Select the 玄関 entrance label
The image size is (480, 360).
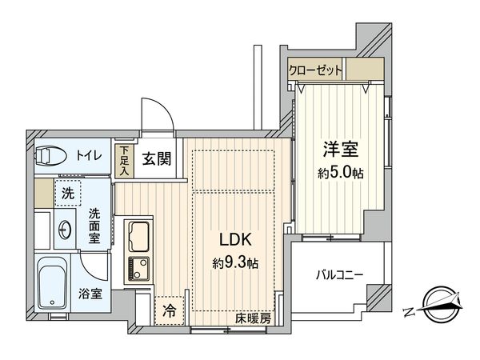(x=156, y=158)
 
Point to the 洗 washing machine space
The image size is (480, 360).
(x=68, y=193)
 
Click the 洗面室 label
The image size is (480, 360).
(x=94, y=226)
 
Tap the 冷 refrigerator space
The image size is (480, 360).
(x=170, y=309)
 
